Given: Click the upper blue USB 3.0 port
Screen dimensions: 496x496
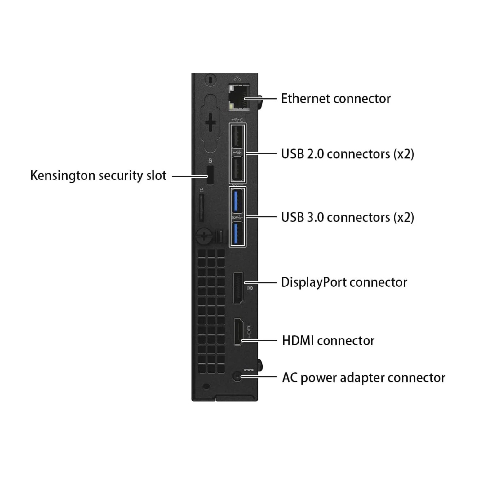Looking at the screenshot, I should click(237, 201).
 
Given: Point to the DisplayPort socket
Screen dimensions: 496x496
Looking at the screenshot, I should click(238, 288).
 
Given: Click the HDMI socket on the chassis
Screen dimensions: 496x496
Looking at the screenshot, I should click(238, 332).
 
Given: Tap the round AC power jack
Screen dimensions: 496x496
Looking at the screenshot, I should click(237, 377).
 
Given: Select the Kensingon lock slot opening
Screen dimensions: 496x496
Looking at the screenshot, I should click(210, 175).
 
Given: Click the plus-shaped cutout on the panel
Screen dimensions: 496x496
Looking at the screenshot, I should click(210, 123).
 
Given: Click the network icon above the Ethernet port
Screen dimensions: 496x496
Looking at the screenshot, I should click(238, 78).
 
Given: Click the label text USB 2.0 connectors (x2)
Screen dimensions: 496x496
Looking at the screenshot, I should click(347, 154).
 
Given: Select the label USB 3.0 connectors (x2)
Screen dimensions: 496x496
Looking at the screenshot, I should click(347, 217).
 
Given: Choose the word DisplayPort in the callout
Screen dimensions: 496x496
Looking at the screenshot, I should click(313, 282).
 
